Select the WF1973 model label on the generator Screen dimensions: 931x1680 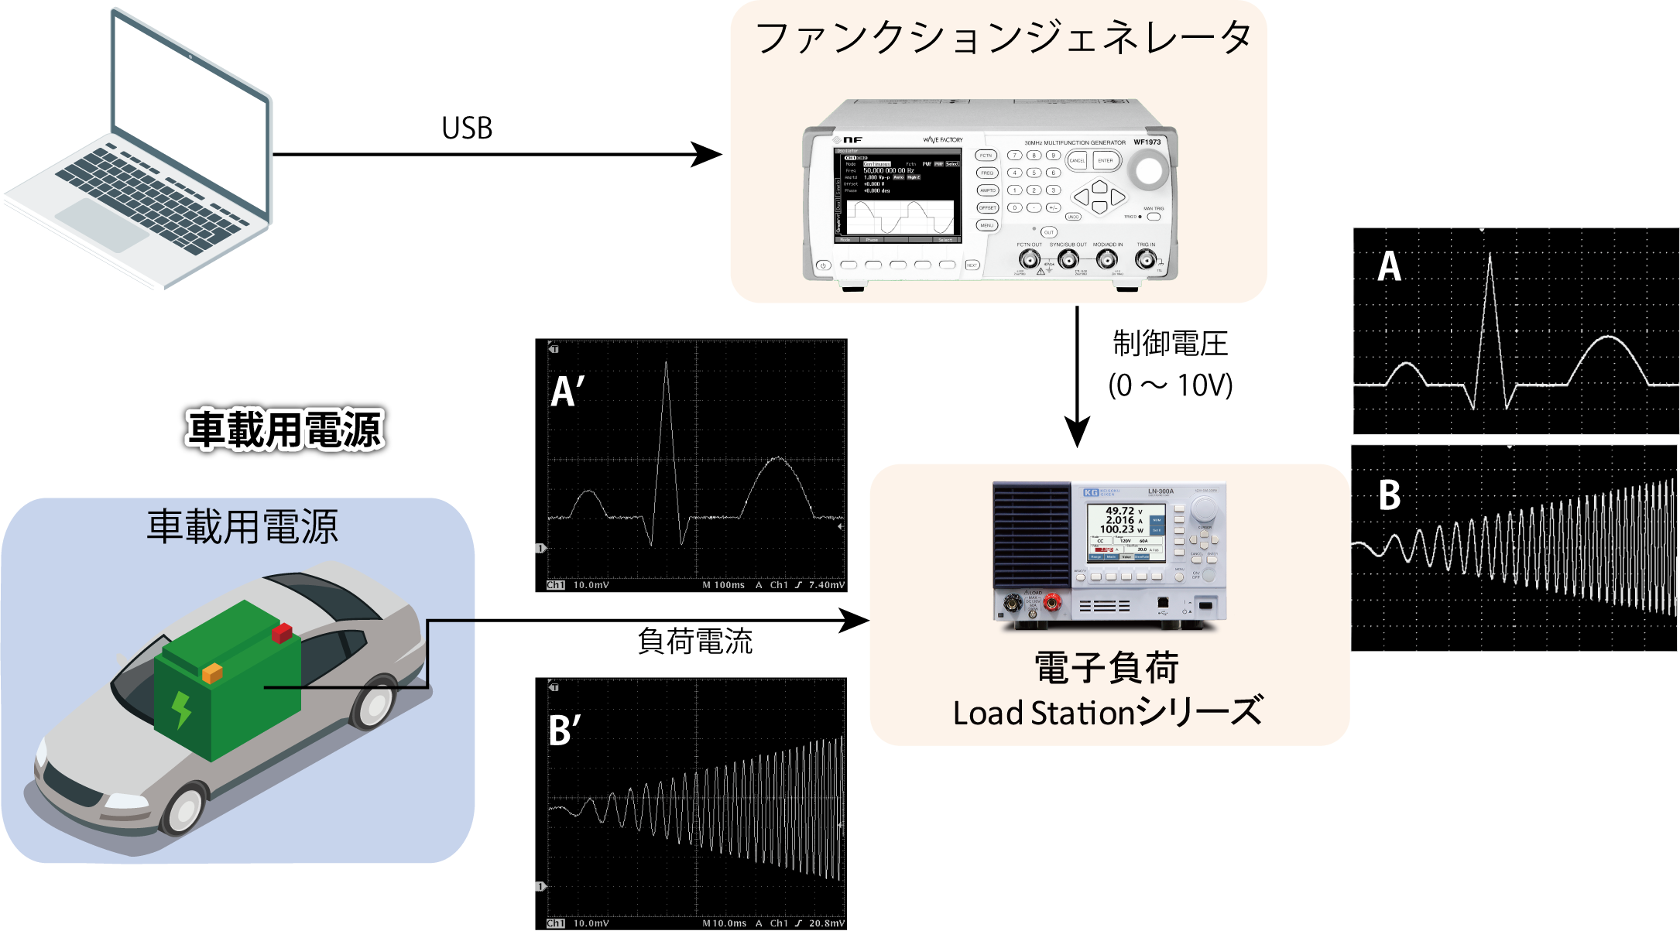[x=1147, y=142]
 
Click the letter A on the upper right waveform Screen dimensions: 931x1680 [x=1389, y=267]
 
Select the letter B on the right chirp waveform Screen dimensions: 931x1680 [x=1390, y=495]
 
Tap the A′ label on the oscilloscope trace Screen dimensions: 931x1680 [x=567, y=392]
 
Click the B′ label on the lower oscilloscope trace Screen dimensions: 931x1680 [x=564, y=731]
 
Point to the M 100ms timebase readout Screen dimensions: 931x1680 [x=723, y=585]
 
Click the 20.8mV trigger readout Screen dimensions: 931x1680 [x=826, y=923]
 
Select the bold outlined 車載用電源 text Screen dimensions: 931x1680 [x=285, y=430]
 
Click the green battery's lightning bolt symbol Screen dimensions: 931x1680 [x=181, y=710]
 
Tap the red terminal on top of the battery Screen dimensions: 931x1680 [x=282, y=633]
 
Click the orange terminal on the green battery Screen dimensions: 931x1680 [x=212, y=673]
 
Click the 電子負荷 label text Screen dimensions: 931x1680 [x=1106, y=668]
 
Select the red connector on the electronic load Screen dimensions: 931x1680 [x=1051, y=603]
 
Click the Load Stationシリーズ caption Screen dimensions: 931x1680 [x=1107, y=712]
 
